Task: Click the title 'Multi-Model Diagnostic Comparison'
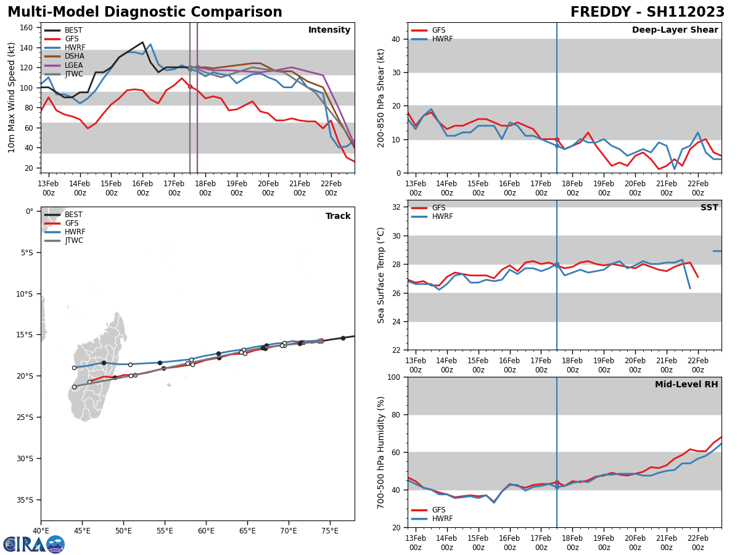tap(145, 12)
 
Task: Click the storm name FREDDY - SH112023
tap(647, 12)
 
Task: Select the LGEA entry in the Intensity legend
tap(74, 65)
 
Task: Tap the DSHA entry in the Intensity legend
tap(74, 56)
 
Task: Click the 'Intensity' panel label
tap(329, 30)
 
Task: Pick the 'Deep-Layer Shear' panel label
tap(675, 30)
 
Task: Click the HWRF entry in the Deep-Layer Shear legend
tap(442, 39)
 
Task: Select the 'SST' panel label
tap(709, 208)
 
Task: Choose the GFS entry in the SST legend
tap(438, 208)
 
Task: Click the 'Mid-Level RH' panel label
tap(686, 385)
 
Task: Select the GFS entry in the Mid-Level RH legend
tap(438, 510)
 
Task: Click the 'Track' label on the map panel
tap(338, 216)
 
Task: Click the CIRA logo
tap(34, 545)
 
